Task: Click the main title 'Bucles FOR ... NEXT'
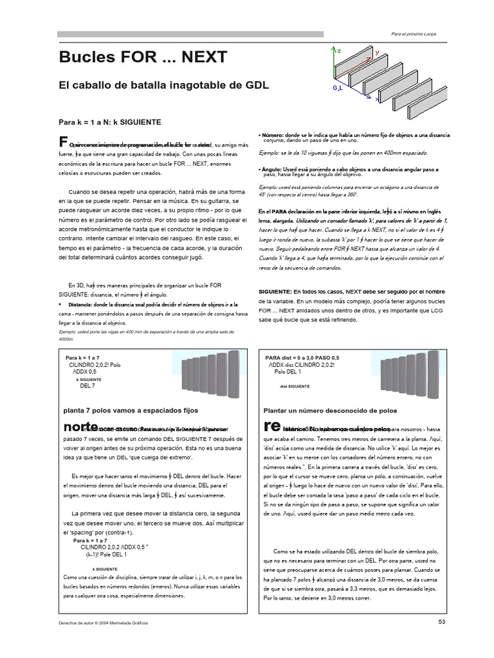(142, 57)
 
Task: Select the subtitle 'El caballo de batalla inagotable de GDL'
(163, 85)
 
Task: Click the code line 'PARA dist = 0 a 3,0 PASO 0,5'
(302, 357)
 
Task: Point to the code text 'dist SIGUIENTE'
(295, 386)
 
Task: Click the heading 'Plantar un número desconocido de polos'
(330, 410)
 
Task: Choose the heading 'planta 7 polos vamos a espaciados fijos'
(129, 410)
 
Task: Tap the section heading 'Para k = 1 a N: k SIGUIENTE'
(109, 121)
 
